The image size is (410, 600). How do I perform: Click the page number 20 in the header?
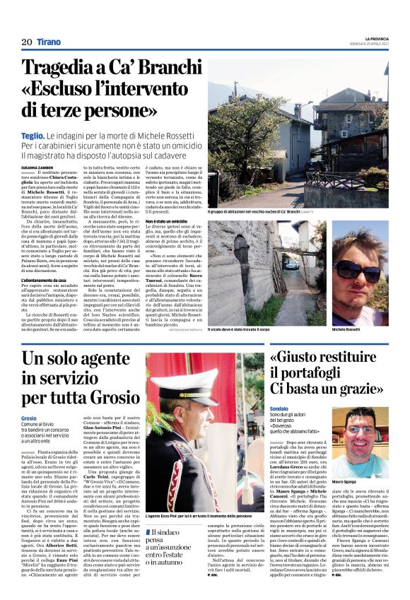[x=27, y=42]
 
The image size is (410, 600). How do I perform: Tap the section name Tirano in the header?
[x=49, y=42]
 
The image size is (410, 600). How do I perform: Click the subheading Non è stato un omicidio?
[x=168, y=221]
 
